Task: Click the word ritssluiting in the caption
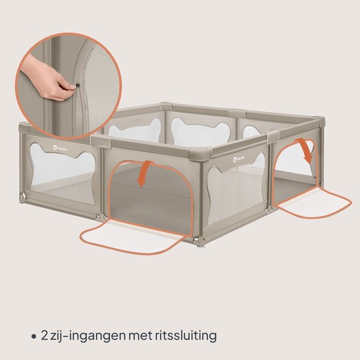pos(186,336)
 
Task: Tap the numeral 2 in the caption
pos(45,336)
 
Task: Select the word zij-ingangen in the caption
pos(88,336)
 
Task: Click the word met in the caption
pos(140,336)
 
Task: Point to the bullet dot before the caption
pos(34,336)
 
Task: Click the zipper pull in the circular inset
pos(77,85)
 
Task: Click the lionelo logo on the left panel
pos(60,148)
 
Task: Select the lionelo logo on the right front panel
pos(239,159)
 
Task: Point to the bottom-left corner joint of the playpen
pos(23,197)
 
